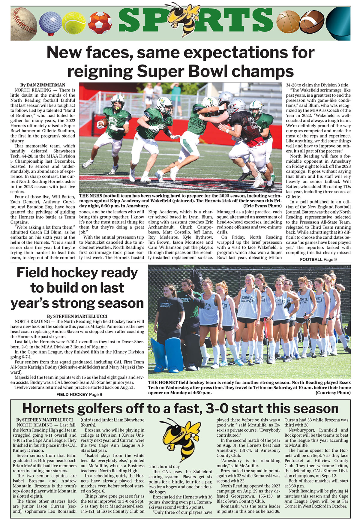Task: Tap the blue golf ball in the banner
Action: (50, 23)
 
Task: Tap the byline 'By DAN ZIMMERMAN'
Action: (43, 85)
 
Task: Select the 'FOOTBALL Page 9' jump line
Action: (318, 259)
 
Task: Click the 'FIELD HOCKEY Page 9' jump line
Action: (79, 394)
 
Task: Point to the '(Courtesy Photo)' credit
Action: (333, 393)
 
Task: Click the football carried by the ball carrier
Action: (103, 122)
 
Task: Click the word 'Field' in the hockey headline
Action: (36, 273)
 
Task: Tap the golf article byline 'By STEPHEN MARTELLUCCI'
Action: (44, 420)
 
